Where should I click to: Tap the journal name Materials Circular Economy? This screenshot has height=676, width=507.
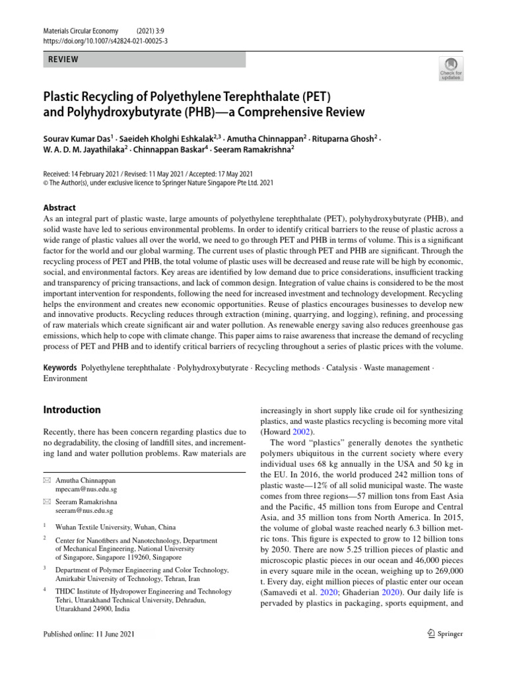[x=81, y=30]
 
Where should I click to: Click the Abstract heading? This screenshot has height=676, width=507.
[x=59, y=207]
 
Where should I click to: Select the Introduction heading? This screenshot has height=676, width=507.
[x=71, y=410]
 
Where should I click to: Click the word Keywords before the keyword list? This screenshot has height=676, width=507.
[x=59, y=367]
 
